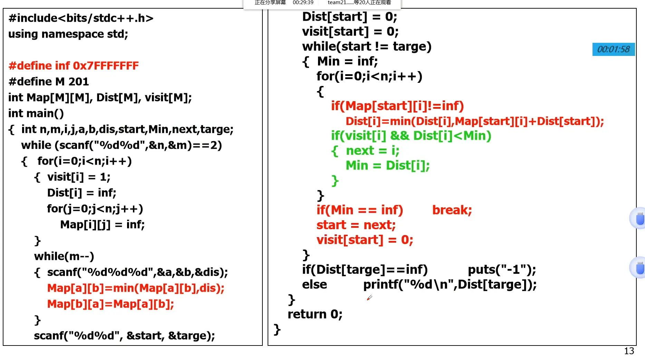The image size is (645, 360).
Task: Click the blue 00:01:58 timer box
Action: click(613, 49)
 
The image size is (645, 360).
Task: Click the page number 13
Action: click(629, 351)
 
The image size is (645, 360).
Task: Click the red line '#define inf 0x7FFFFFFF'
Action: click(74, 66)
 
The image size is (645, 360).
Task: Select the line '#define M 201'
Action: click(49, 81)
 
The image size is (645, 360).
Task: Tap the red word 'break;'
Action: click(452, 210)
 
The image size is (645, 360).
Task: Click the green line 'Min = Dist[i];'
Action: click(387, 166)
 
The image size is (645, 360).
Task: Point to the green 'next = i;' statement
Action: click(372, 151)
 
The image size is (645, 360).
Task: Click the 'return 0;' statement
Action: click(315, 314)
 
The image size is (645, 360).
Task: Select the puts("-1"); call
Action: click(502, 270)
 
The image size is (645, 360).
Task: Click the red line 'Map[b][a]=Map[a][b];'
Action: click(110, 304)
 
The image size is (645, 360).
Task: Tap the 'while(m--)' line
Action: click(64, 256)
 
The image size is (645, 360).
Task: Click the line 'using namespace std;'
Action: click(68, 34)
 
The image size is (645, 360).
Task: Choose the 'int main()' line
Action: click(36, 113)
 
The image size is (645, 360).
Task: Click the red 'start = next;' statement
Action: click(356, 225)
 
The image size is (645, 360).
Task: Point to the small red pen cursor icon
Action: click(369, 298)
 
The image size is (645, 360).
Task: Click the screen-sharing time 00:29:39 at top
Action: click(303, 3)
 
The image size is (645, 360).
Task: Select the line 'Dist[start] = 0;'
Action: click(349, 17)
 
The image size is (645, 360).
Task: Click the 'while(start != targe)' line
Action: click(367, 47)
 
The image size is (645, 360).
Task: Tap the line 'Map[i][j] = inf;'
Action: click(102, 225)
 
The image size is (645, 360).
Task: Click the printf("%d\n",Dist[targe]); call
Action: click(450, 284)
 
